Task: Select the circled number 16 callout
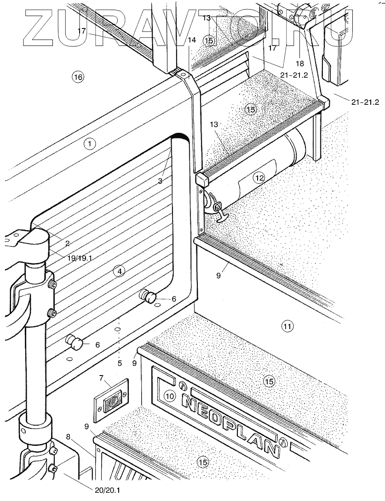point(78,77)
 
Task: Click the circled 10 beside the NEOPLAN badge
point(170,396)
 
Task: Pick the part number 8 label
point(69,437)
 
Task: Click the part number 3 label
point(160,181)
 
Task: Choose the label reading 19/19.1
point(80,258)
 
